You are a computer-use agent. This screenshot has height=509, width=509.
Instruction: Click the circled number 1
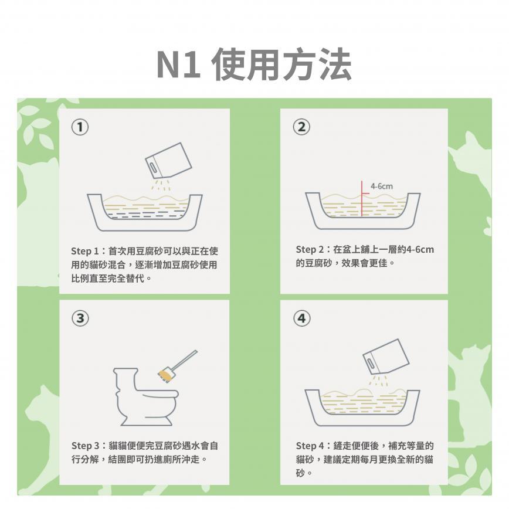(x=80, y=127)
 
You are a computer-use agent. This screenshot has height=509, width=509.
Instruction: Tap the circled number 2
(x=301, y=127)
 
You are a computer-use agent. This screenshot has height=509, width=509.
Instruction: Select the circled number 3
(x=80, y=318)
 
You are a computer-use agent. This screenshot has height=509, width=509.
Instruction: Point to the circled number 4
(x=302, y=318)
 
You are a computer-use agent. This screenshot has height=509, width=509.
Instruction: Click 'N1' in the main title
(x=178, y=65)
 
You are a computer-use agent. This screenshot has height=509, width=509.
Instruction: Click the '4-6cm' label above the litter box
(x=382, y=186)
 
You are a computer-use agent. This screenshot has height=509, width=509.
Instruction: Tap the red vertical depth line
(x=362, y=198)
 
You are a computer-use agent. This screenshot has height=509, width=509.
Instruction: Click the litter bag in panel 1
(x=168, y=160)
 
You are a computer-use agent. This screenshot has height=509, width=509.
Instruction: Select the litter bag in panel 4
(x=386, y=357)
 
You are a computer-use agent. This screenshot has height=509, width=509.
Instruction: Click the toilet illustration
(x=145, y=396)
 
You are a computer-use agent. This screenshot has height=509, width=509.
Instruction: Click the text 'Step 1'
(x=84, y=251)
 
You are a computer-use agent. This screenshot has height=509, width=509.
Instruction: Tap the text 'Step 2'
(x=310, y=249)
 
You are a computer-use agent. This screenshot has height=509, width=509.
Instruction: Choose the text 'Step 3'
(x=86, y=446)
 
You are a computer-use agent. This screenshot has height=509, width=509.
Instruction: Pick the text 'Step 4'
(x=310, y=446)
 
